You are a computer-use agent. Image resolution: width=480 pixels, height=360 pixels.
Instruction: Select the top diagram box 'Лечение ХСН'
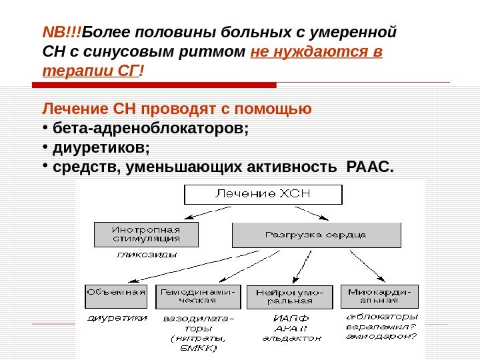coord(263,194)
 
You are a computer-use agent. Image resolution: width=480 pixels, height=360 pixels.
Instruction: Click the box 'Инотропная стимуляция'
coord(146,234)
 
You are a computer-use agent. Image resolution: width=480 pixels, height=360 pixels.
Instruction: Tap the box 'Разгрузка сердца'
coord(316,235)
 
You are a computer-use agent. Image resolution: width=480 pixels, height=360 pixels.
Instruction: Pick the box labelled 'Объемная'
coord(116,296)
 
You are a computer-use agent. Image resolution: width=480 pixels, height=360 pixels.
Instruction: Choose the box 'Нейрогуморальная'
coord(290,297)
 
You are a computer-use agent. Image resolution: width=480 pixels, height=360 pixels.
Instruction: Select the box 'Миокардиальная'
coord(379,296)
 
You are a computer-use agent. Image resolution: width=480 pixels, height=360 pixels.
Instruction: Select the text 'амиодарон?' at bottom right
coord(381,336)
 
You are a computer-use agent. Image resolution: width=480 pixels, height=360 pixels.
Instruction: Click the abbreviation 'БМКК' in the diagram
coord(198,347)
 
